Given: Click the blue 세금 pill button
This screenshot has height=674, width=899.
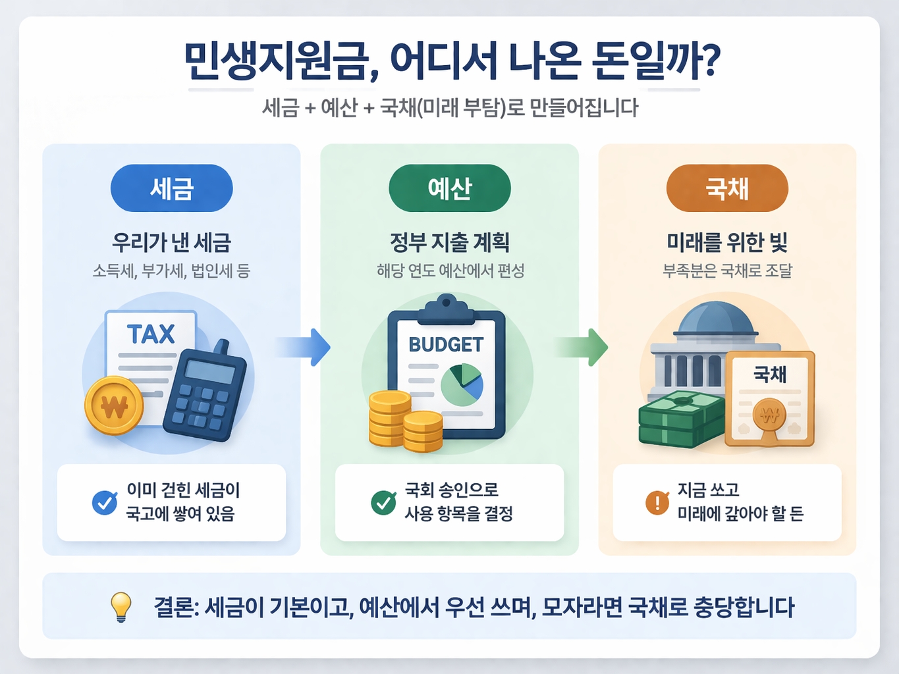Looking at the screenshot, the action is pyautogui.click(x=171, y=188).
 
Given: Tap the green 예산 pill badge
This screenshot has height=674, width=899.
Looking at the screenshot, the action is pyautogui.click(x=450, y=188).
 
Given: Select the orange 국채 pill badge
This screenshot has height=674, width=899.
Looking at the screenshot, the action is pyautogui.click(x=727, y=188).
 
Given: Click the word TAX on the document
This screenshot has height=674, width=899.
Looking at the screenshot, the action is pyautogui.click(x=151, y=334).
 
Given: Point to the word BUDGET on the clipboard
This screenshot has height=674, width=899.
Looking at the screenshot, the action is pyautogui.click(x=446, y=344).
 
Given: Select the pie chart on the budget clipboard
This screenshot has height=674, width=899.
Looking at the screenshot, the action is pyautogui.click(x=462, y=385).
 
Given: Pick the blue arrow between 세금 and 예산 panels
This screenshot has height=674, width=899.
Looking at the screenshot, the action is pyautogui.click(x=304, y=347).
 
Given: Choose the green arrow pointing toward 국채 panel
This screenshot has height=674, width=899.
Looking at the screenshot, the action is pyautogui.click(x=582, y=347).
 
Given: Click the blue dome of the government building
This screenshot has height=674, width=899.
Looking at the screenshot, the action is pyautogui.click(x=715, y=319).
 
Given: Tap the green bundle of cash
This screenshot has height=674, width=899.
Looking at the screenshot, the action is pyautogui.click(x=680, y=419).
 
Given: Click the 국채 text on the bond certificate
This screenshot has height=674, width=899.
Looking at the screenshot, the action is pyautogui.click(x=769, y=375).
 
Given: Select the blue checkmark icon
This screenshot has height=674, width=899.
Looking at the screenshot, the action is pyautogui.click(x=105, y=502).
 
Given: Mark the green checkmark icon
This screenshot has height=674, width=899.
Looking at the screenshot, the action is pyautogui.click(x=383, y=502).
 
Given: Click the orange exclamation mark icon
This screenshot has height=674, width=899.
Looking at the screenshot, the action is pyautogui.click(x=657, y=502).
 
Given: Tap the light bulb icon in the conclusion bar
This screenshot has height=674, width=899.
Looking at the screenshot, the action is pyautogui.click(x=121, y=606).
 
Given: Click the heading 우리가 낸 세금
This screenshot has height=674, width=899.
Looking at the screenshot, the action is pyautogui.click(x=171, y=242).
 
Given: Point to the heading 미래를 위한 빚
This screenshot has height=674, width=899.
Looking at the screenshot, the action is pyautogui.click(x=727, y=242).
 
